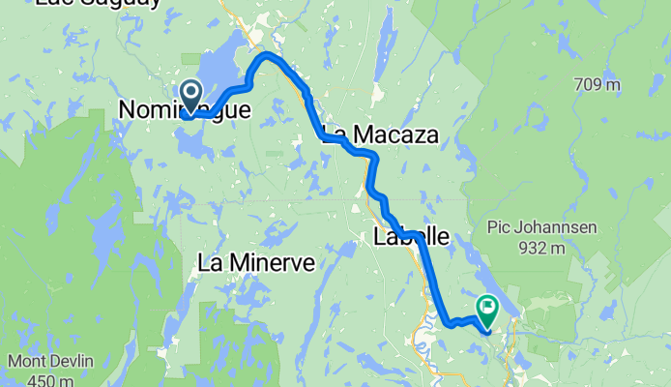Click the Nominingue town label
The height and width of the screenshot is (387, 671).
point(184,111)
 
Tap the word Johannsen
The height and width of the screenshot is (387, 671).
point(560,228)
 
